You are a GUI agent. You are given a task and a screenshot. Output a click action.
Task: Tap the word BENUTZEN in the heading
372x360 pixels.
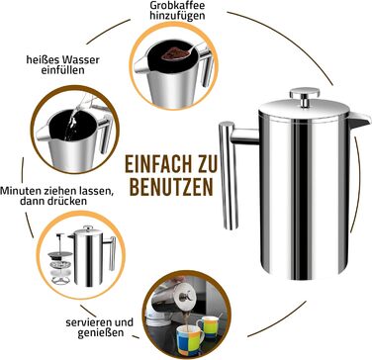[171, 188]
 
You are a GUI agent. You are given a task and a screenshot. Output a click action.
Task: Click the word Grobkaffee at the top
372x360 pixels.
[177, 6]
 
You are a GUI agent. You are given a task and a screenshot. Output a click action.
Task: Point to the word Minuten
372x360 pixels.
[20, 191]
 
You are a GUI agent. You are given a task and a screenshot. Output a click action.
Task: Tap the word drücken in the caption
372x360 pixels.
[68, 201]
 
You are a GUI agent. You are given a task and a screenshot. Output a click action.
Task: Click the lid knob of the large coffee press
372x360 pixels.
[305, 97]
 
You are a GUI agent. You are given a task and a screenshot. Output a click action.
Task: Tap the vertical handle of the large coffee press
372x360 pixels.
[229, 175]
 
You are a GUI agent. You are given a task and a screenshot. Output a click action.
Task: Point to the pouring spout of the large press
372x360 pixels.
[359, 120]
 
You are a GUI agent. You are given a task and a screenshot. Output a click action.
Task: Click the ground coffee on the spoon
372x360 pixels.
[174, 53]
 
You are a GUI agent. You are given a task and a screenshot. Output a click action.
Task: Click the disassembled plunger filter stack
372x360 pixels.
[60, 259]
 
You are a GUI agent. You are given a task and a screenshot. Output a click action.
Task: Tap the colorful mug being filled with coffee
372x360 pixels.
[190, 340]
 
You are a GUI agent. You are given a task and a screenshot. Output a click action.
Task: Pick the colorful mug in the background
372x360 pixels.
[208, 326]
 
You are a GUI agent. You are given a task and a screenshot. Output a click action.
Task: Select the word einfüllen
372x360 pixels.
[62, 70]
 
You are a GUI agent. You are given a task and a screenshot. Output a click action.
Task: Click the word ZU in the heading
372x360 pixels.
[207, 164]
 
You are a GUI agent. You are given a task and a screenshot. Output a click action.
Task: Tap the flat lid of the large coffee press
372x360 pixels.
[304, 111]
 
